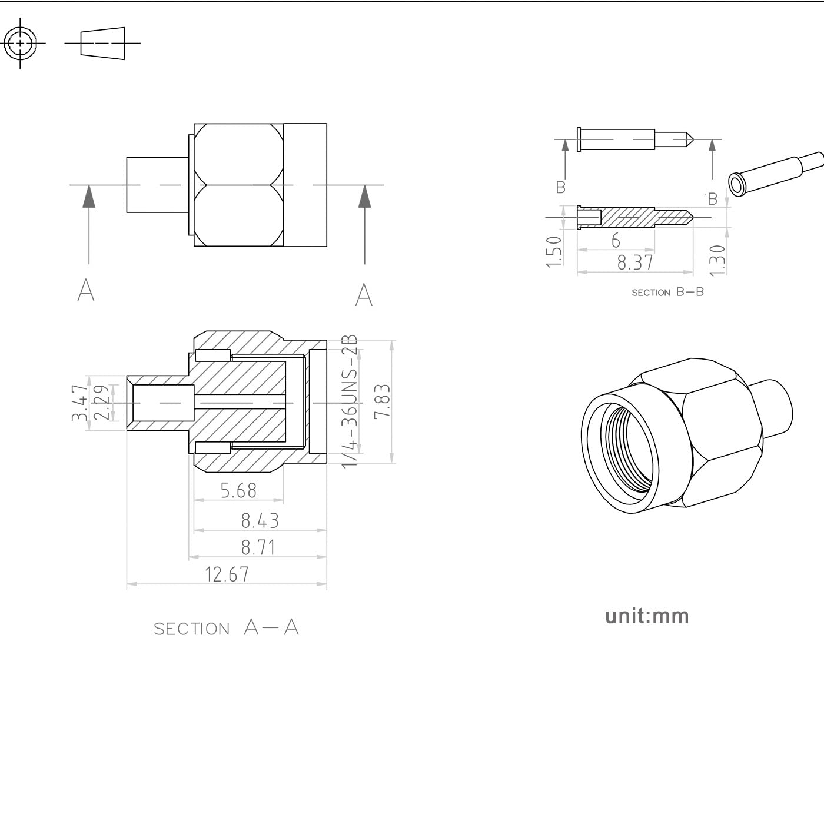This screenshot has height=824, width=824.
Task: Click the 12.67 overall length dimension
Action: coord(227,574)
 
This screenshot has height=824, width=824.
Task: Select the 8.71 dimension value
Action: coord(258,547)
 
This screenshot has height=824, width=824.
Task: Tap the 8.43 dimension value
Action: coord(260,520)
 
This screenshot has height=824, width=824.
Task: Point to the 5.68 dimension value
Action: coord(238,490)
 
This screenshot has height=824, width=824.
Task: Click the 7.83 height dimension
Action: coord(382,401)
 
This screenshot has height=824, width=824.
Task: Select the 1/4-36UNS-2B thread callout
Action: coord(350,401)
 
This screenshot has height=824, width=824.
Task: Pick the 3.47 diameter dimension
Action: coord(79,403)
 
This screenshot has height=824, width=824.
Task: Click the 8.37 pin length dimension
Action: coord(635,263)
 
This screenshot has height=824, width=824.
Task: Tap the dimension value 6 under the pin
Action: coord(616,240)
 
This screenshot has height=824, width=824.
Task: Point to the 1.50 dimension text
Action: coord(554,251)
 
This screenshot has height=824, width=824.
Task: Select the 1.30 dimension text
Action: coord(717,260)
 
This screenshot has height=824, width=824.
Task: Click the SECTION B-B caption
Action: coord(667,292)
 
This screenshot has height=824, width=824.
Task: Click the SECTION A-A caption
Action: coord(227,628)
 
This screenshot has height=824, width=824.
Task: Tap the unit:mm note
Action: coord(647,616)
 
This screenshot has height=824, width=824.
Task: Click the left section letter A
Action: coord(86,290)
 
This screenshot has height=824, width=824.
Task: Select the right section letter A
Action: coord(364,294)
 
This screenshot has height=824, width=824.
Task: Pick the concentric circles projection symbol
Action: coord(21,43)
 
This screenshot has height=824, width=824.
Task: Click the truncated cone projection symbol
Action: coord(103,43)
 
